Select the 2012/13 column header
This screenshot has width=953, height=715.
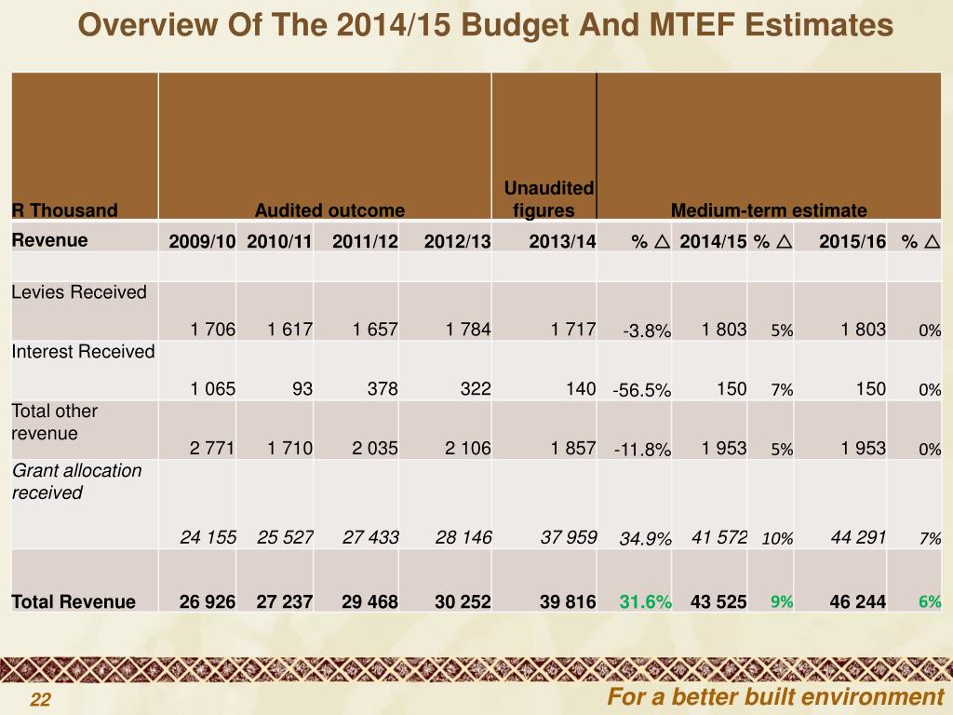pyautogui.click(x=457, y=242)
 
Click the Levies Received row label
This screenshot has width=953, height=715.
pyautogui.click(x=79, y=292)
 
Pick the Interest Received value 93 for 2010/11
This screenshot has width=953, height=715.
pyautogui.click(x=302, y=389)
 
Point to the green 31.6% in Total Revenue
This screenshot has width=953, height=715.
pyautogui.click(x=646, y=601)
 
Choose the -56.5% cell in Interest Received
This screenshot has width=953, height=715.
pyautogui.click(x=641, y=390)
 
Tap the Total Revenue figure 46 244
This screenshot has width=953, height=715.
pyautogui.click(x=857, y=601)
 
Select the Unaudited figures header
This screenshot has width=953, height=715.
pyautogui.click(x=548, y=199)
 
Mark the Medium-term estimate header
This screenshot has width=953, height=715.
pyautogui.click(x=769, y=210)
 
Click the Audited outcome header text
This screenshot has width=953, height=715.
pyautogui.click(x=329, y=210)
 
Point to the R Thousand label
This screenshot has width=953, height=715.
pyautogui.click(x=65, y=210)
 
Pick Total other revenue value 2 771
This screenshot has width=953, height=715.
pyautogui.click(x=212, y=449)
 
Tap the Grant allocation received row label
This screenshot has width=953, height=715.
pyautogui.click(x=76, y=481)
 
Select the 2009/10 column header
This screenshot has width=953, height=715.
pyautogui.click(x=202, y=242)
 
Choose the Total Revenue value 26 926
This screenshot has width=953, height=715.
pyautogui.click(x=208, y=601)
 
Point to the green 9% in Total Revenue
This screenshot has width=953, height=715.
pyautogui.click(x=781, y=601)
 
